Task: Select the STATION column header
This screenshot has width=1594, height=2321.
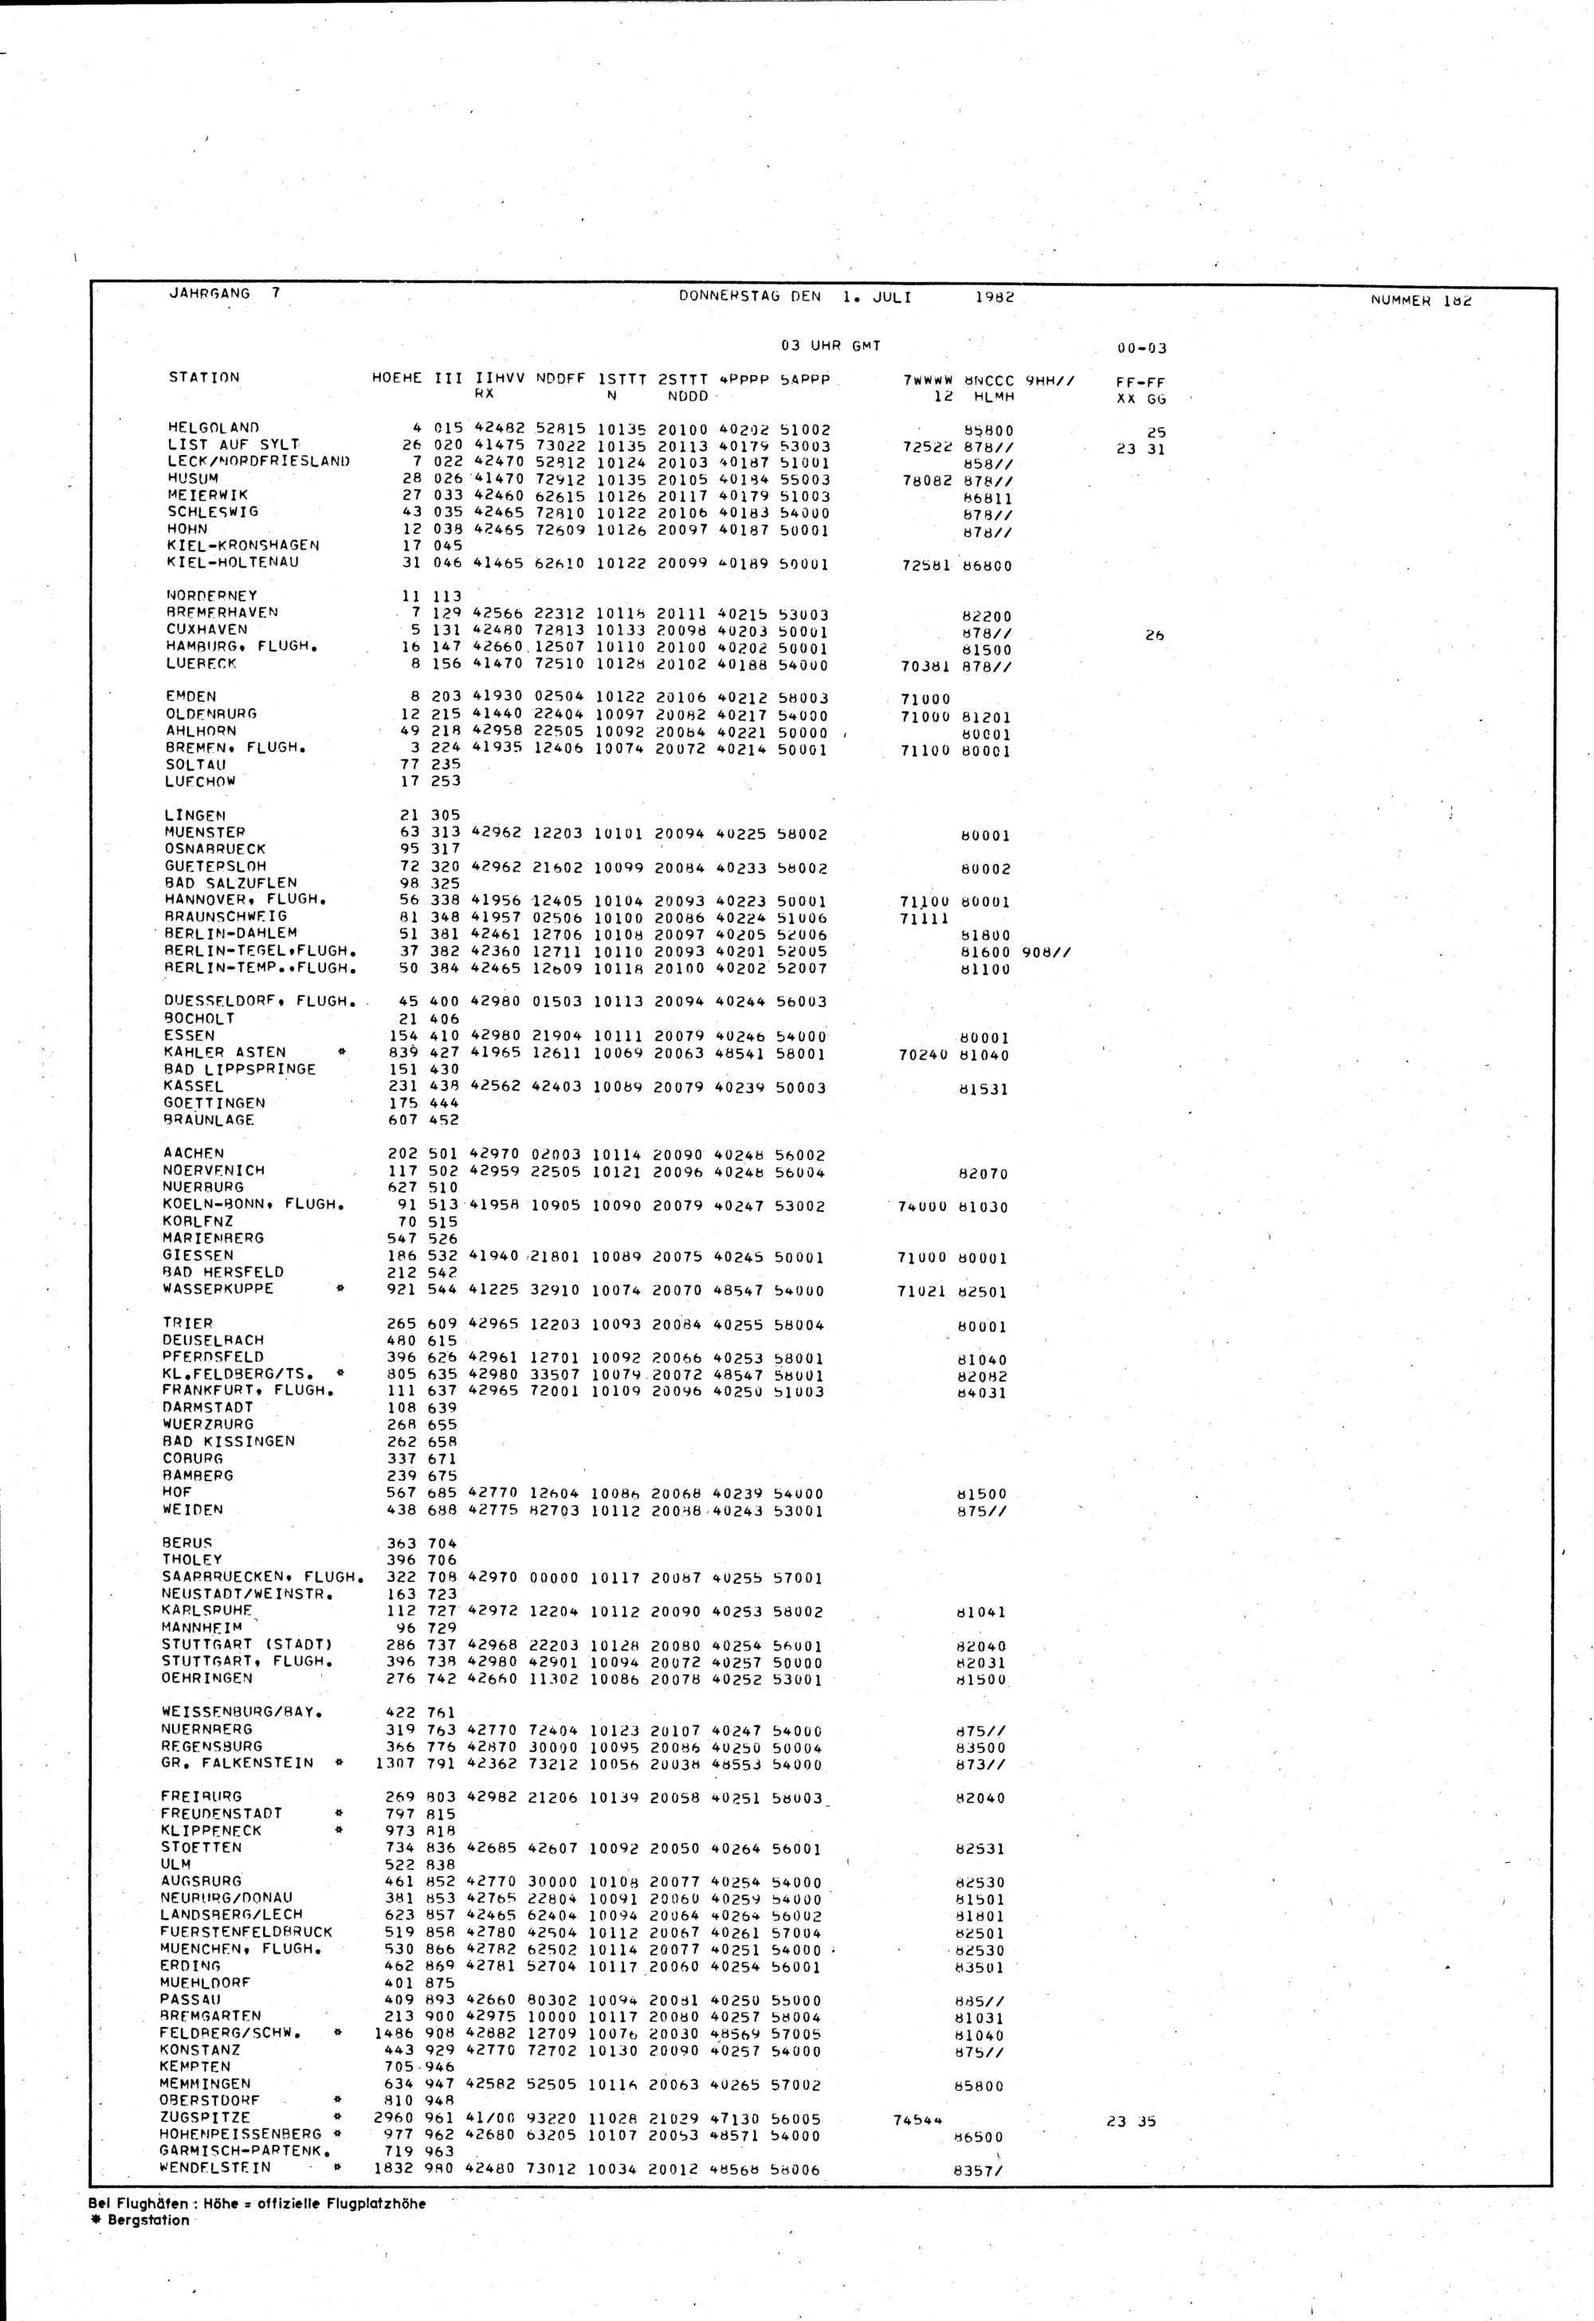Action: pos(204,378)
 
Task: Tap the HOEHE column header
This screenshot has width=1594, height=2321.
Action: pos(396,378)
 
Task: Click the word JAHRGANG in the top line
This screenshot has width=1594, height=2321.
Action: pos(209,294)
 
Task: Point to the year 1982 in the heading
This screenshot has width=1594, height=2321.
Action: pos(994,296)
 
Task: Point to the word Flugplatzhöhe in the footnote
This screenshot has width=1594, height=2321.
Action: pos(375,2203)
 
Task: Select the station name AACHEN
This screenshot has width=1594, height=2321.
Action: pos(194,1152)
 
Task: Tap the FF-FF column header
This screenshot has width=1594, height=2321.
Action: pos(1141,382)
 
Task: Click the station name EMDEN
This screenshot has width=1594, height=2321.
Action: pos(190,696)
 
